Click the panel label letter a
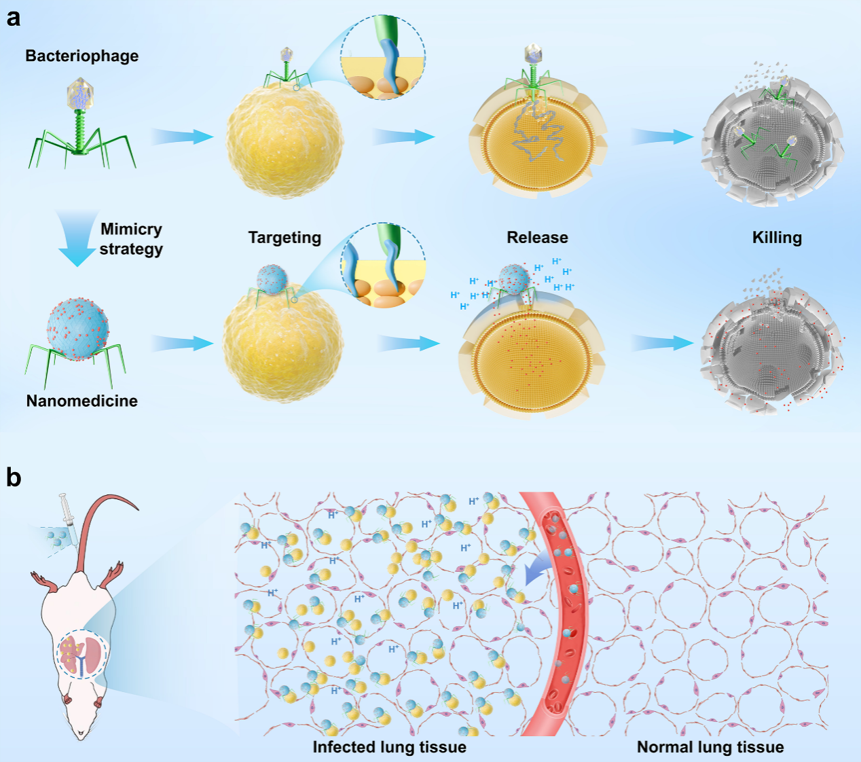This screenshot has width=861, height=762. point(14,18)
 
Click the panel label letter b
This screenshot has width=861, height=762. point(14,478)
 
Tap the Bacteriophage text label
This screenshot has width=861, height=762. point(82,56)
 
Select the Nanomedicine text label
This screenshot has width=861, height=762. point(82,401)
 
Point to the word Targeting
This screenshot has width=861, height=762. point(285,238)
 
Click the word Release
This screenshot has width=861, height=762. point(537,238)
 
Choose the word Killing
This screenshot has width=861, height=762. point(777,238)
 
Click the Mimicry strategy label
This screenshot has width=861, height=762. point(131,239)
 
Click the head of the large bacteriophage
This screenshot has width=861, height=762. point(82,94)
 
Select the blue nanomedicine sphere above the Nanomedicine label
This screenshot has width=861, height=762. point(77,328)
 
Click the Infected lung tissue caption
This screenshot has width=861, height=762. point(389,747)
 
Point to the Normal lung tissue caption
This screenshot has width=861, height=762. point(710,747)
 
